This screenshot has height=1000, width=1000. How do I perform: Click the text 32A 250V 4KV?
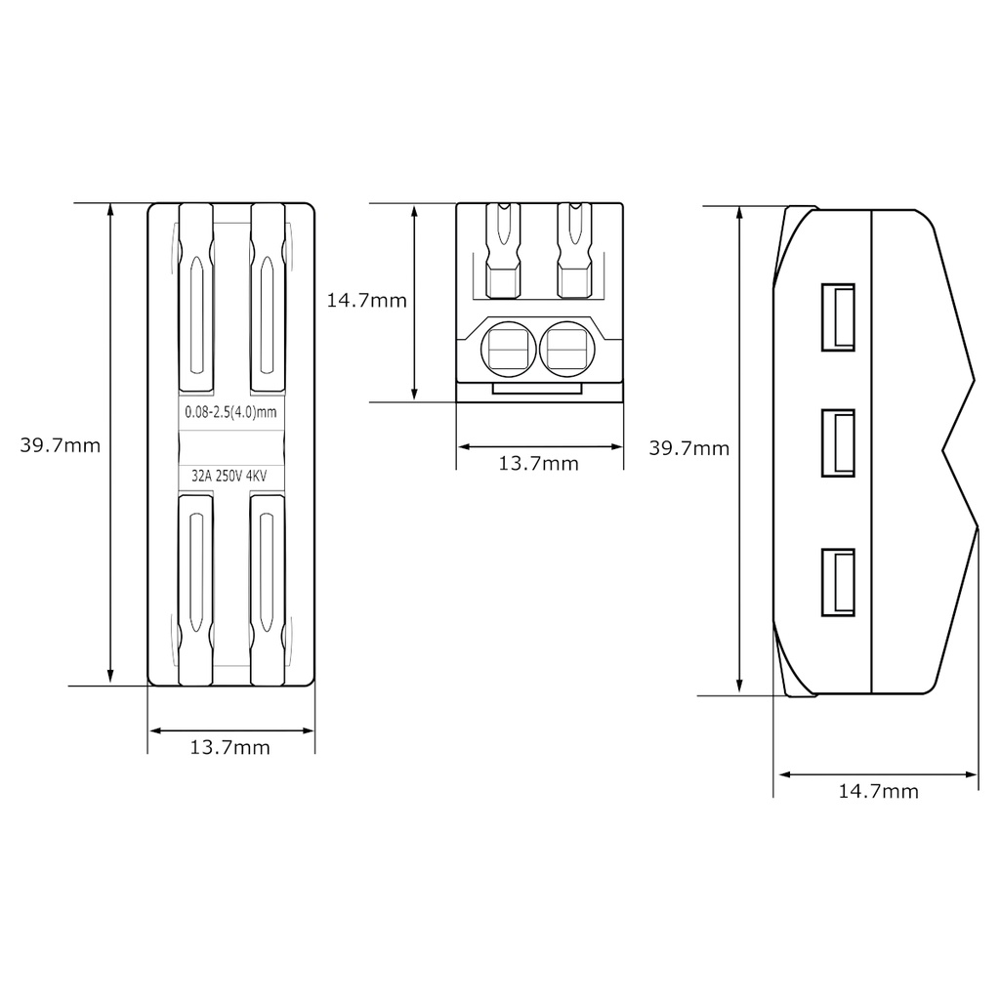(230, 477)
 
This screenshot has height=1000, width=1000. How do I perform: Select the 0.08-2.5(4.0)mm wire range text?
(230, 412)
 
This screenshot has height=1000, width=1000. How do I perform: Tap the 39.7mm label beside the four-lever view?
(61, 445)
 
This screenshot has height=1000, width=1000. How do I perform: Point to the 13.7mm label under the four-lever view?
(230, 748)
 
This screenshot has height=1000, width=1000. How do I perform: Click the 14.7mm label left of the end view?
(366, 301)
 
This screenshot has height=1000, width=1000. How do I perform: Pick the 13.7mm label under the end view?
(539, 463)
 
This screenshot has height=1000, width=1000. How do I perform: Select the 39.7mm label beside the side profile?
(689, 448)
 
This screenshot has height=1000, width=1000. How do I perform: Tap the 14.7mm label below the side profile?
(879, 791)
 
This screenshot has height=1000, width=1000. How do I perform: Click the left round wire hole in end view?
(509, 349)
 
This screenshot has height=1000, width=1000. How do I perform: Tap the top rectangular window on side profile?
(838, 316)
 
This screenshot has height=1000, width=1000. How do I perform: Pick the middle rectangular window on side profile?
(838, 443)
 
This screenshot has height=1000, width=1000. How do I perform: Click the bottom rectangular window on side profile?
(838, 582)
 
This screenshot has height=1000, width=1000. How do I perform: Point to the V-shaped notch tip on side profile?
(943, 450)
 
